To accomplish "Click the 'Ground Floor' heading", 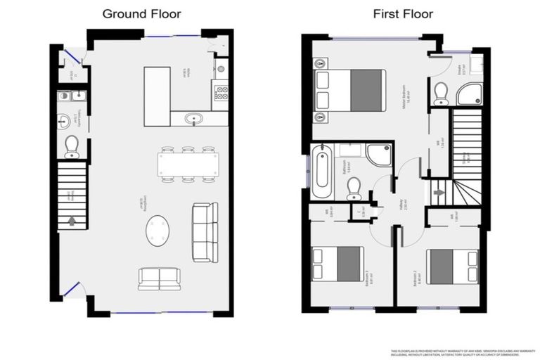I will [x=141, y=13].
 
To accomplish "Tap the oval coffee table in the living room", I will [x=157, y=230].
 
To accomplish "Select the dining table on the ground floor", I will [x=188, y=165].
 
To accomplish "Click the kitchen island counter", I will [x=157, y=96].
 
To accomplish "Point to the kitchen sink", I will [x=194, y=119].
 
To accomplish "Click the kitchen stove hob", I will [x=221, y=92].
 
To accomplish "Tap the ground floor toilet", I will [x=72, y=146].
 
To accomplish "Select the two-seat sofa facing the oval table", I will [x=159, y=278].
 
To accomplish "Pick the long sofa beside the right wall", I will [x=205, y=232].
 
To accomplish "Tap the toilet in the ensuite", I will [x=441, y=94].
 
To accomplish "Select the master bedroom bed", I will [x=350, y=91].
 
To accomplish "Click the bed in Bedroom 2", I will [x=453, y=266].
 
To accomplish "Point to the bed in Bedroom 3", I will [x=338, y=264].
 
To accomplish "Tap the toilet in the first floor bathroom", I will [x=354, y=188].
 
